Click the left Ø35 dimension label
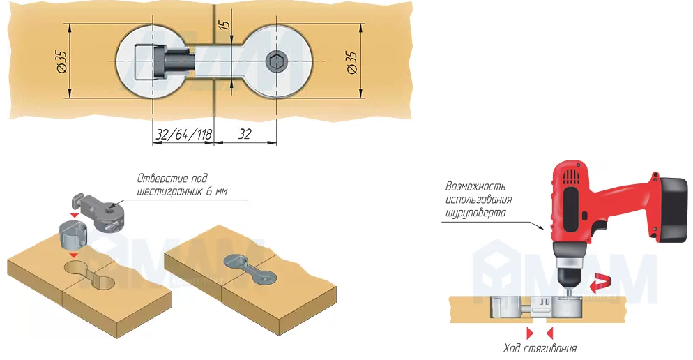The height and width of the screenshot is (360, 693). click(61, 63)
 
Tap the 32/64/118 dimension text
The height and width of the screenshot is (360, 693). click(183, 135)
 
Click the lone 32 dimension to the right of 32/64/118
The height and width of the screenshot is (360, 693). click(244, 135)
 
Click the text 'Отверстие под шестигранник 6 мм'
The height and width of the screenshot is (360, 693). click(183, 185)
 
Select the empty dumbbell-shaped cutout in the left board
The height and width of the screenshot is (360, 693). click(91, 272)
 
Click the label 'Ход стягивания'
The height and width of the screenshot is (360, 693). click(540, 348)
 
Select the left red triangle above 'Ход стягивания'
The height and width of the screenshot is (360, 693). click(529, 331)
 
